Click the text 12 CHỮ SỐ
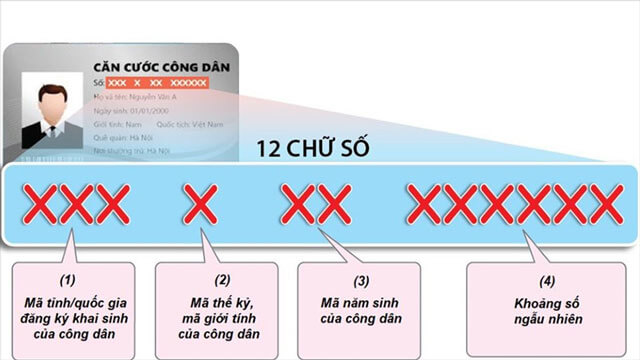[x=313, y=149]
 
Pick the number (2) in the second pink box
[x=222, y=281]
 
